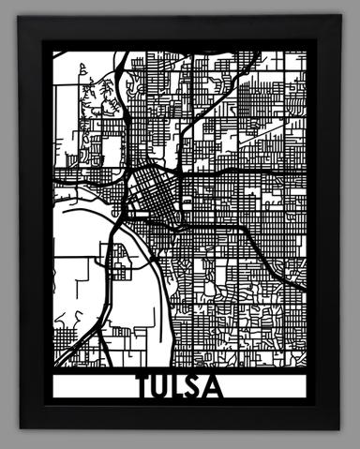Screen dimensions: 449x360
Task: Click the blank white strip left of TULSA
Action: (x=94, y=386)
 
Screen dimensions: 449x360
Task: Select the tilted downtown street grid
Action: (x=150, y=187)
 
